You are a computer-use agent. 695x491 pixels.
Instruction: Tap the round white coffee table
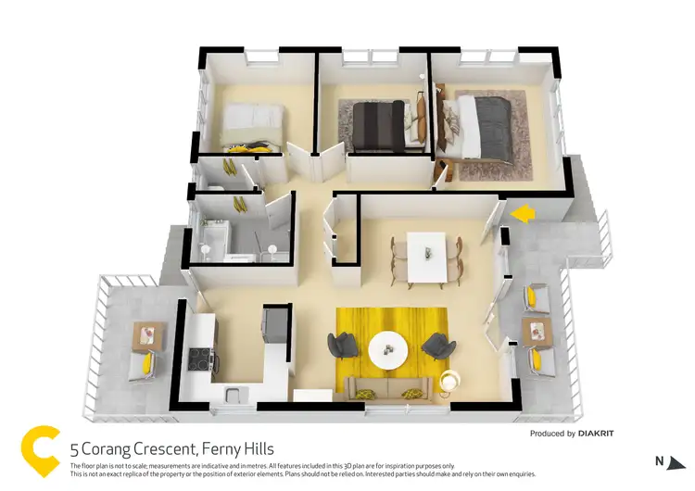click(387, 350)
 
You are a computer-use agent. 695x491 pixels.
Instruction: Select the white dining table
click(427, 257)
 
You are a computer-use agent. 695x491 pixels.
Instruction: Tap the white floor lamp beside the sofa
click(451, 379)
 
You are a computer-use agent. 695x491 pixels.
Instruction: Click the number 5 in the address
click(74, 449)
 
